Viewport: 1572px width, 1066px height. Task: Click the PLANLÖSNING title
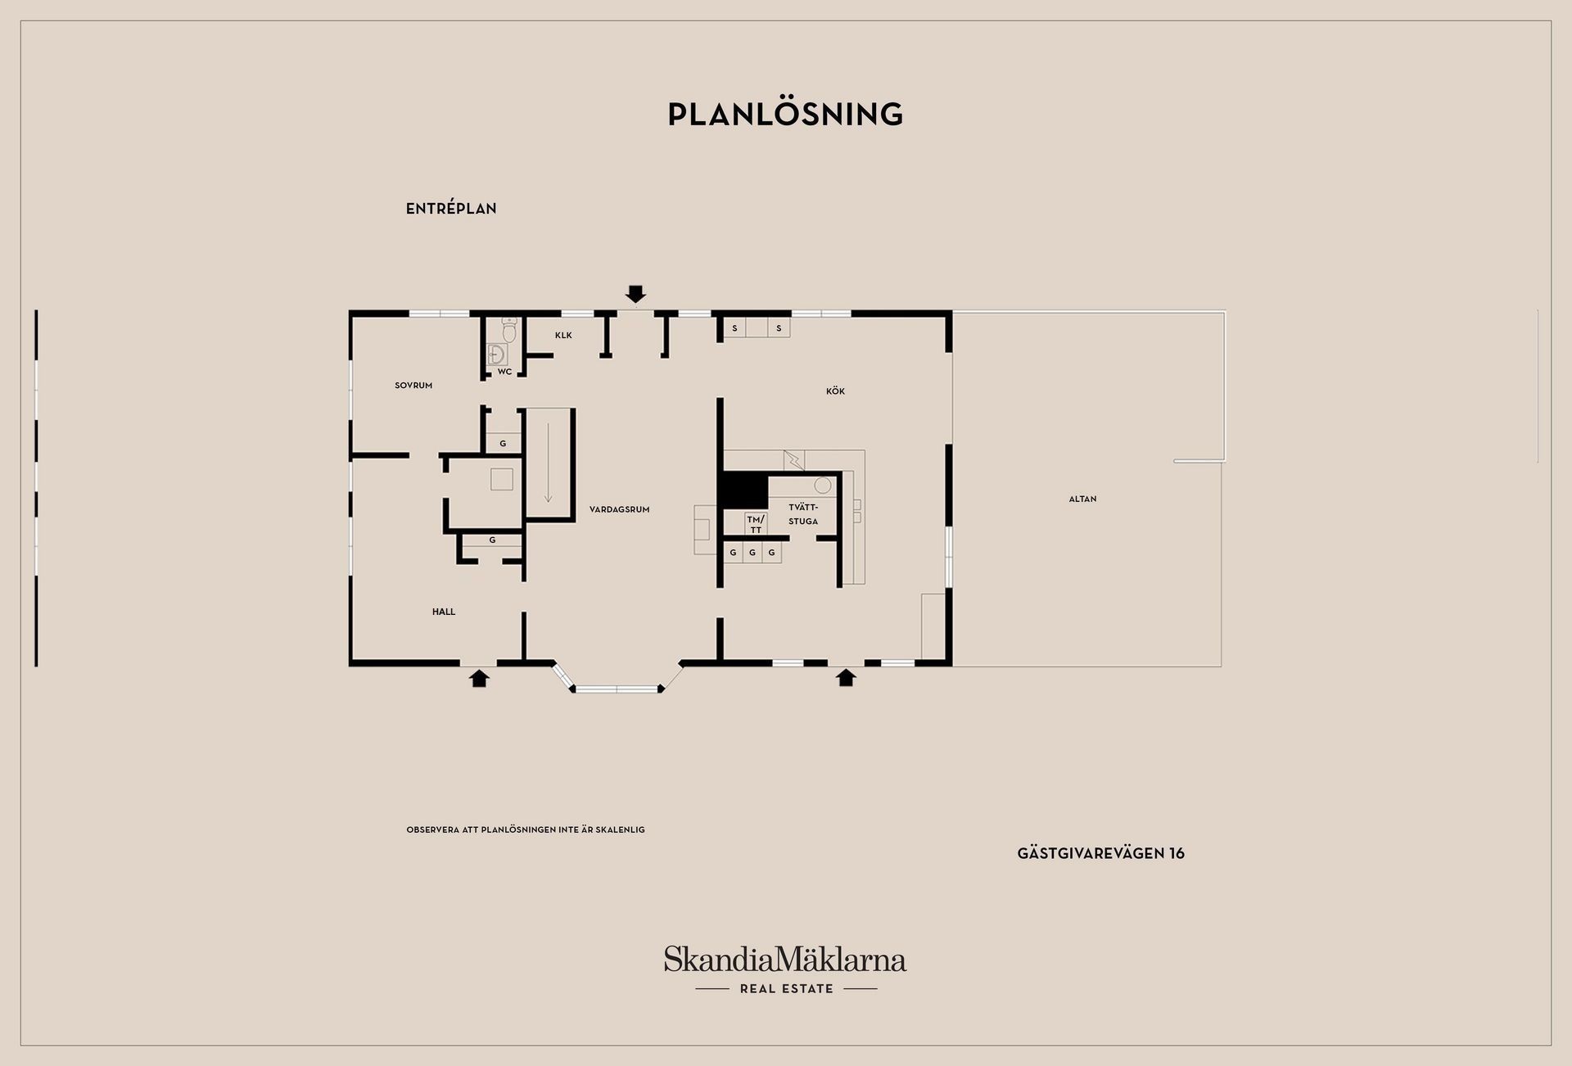pos(785,115)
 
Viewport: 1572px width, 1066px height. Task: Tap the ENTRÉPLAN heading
pos(451,209)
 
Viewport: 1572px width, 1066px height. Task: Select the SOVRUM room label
pos(413,386)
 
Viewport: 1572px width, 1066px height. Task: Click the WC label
pos(504,372)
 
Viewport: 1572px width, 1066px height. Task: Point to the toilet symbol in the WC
pos(509,330)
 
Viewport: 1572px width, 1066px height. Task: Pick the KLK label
pos(563,336)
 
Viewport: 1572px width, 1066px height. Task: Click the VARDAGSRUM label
pos(619,509)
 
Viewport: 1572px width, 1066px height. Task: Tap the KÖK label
pos(835,391)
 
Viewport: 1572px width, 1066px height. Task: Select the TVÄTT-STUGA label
pos(803,514)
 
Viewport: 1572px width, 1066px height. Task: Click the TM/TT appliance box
pos(755,524)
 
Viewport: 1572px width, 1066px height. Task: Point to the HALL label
pos(444,612)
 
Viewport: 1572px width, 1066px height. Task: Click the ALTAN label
pos(1082,499)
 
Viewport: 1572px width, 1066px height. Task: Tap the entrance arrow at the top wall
pos(635,294)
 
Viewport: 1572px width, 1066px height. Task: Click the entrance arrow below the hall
pos(479,678)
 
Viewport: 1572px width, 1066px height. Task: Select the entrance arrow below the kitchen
pos(846,678)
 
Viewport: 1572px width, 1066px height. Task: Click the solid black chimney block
pos(743,490)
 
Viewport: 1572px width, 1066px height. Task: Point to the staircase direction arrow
pos(548,463)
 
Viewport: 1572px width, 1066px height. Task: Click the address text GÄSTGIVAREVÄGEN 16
pos(1101,853)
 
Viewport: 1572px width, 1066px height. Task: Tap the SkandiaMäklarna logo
pos(785,970)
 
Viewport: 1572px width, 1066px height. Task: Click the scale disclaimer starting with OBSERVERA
pos(526,829)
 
